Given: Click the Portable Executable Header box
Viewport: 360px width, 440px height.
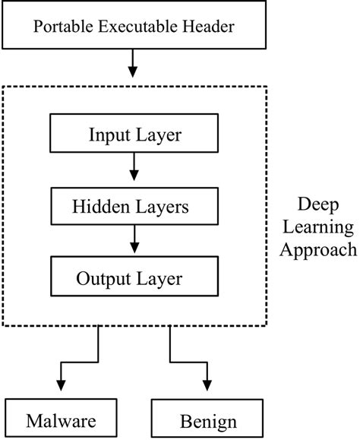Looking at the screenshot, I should [x=134, y=27].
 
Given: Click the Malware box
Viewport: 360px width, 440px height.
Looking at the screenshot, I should [x=59, y=419].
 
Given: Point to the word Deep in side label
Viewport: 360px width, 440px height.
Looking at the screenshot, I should [x=321, y=206].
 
